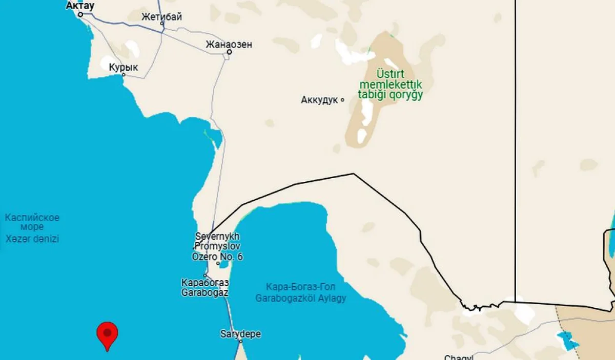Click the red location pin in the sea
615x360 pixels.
pyautogui.click(x=107, y=334)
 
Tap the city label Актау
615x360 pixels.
pyautogui.click(x=80, y=6)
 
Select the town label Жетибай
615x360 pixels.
pyautogui.click(x=161, y=16)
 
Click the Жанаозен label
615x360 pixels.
pyautogui.click(x=229, y=44)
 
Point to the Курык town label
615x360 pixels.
pyautogui.click(x=124, y=67)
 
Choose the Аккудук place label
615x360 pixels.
pyautogui.click(x=319, y=100)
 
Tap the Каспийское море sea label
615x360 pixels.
pyautogui.click(x=32, y=222)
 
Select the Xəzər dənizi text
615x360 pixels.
pyautogui.click(x=32, y=239)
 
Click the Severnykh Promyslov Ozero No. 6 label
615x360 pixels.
pyautogui.click(x=217, y=246)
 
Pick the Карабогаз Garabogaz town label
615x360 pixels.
pyautogui.click(x=205, y=288)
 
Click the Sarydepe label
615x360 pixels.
pyautogui.click(x=240, y=334)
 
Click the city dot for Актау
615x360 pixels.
pyautogui.click(x=80, y=14)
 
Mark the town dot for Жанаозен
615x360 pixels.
pyautogui.click(x=230, y=52)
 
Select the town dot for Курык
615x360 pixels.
pyautogui.click(x=124, y=75)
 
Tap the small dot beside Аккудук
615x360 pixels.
pyautogui.click(x=342, y=100)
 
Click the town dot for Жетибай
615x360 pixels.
pyautogui.click(x=162, y=24)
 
